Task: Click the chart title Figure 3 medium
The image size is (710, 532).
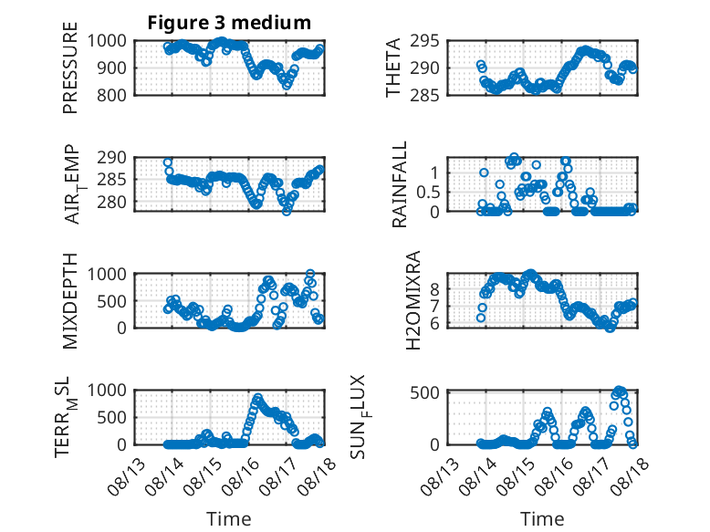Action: pos(229,22)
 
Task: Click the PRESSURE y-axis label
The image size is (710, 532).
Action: pos(70,68)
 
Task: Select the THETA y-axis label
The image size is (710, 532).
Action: pos(393,68)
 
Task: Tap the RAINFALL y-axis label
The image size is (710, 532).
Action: pos(400,184)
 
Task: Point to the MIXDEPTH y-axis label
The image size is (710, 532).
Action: pos(70,301)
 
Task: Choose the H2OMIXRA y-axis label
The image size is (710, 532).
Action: pos(413,300)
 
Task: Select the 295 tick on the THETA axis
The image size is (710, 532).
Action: pos(424,41)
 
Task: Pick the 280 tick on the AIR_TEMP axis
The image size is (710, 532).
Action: pos(111,202)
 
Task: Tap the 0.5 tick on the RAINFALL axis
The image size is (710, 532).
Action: pos(428,193)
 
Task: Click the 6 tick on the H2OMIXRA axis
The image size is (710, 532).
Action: pos(434,324)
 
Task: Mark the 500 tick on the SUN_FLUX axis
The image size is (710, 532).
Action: pos(424,392)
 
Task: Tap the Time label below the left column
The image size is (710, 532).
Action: pos(229,518)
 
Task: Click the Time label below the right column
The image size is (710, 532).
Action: pos(542,518)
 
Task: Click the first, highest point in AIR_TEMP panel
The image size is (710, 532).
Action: pos(168,162)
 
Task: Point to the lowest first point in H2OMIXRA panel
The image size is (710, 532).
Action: pos(481,318)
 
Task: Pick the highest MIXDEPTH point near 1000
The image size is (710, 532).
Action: pos(310,274)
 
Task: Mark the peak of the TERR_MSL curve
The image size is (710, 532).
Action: pos(257,398)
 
